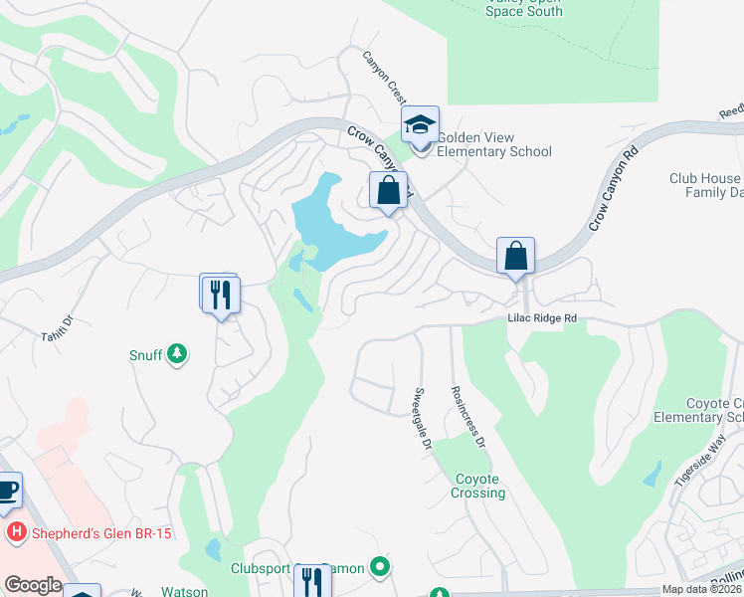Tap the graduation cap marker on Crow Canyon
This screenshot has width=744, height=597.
(421, 126)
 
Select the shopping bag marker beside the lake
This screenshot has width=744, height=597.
(388, 190)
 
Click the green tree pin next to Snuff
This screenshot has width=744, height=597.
(177, 354)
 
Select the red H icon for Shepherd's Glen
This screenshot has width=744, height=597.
(16, 533)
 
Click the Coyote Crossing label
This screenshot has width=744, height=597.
(480, 486)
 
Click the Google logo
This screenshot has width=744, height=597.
(33, 585)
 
